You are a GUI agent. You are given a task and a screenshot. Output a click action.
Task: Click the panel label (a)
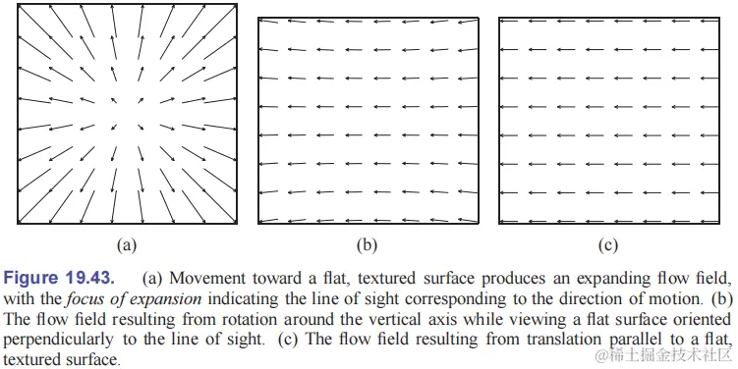126,242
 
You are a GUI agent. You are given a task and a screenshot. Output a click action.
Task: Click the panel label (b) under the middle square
369,242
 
